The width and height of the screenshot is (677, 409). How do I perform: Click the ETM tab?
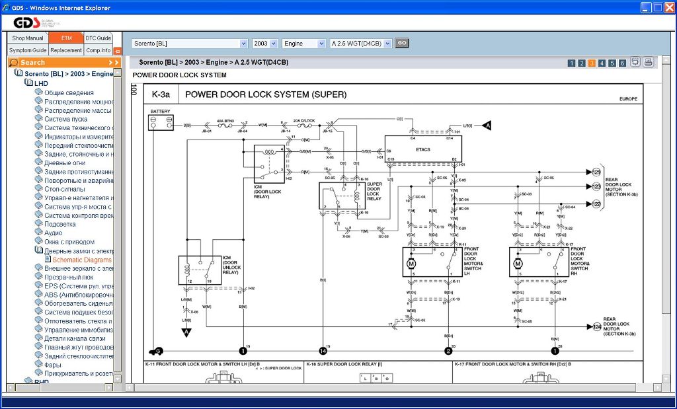coord(66,38)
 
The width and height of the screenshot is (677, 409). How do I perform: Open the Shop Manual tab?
coord(28,38)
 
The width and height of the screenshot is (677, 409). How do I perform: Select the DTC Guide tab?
coord(99,38)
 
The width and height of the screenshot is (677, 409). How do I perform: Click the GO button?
coord(401,43)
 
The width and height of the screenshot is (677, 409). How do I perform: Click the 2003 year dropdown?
coord(265,44)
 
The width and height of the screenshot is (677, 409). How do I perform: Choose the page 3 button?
coord(592,63)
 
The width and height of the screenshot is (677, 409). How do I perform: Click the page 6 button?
coord(622,63)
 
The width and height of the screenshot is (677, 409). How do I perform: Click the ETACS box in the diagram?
coord(422,149)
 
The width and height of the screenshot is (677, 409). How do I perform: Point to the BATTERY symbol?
coord(160,122)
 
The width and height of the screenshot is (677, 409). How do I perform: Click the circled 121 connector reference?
coord(596,172)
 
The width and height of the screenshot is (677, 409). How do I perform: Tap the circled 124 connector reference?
coord(596,326)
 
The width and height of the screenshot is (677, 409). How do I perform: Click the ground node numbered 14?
coord(323,351)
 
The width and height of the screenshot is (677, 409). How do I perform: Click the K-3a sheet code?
coord(161,94)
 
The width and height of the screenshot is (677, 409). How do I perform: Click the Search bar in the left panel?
coord(64,62)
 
